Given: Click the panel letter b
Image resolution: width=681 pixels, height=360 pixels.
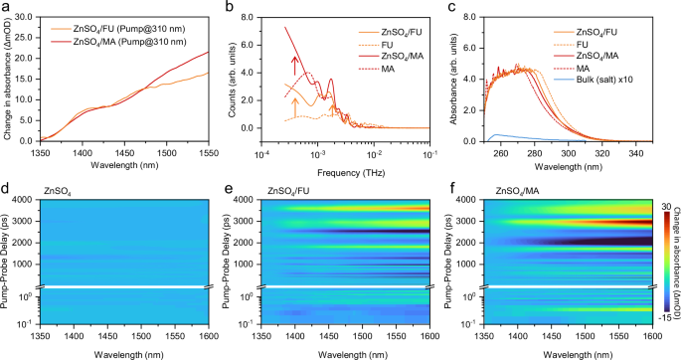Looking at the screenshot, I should (232, 7).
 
